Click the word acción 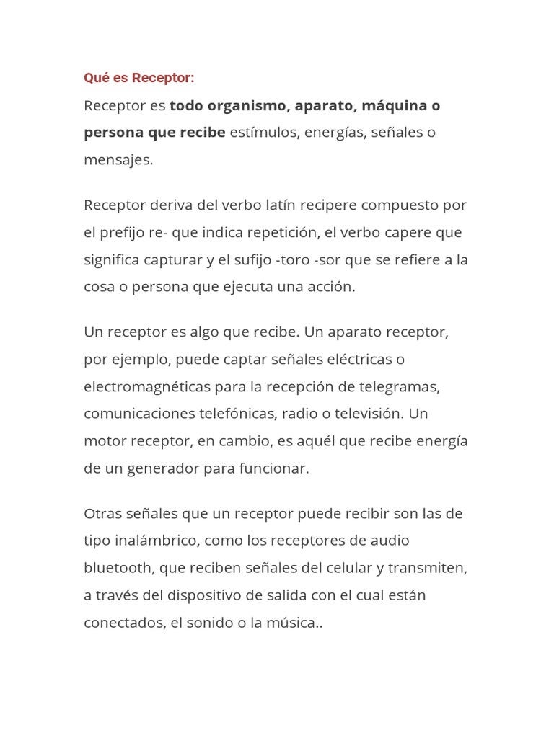point(332,287)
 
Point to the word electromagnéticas point(147,387)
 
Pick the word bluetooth point(119,568)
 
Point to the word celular point(346,568)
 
